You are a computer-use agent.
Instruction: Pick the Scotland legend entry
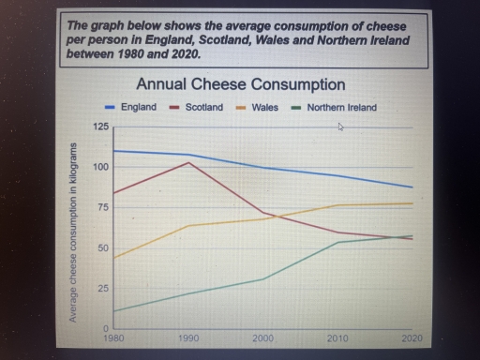202,108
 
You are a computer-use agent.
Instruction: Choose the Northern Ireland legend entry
340,108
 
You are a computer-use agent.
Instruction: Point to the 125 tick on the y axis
100,126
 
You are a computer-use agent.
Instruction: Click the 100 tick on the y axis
100,167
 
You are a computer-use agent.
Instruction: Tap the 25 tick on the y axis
102,288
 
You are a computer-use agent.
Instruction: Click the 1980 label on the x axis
113,337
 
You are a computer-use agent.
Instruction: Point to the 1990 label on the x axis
189,337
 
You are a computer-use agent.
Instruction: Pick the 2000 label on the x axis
263,337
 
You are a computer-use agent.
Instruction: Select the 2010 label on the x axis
337,337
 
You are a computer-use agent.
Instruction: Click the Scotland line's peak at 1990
189,162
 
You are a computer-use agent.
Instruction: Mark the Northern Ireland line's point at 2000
263,278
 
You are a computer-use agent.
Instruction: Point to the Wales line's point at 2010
337,205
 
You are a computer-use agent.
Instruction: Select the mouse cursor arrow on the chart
341,126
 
